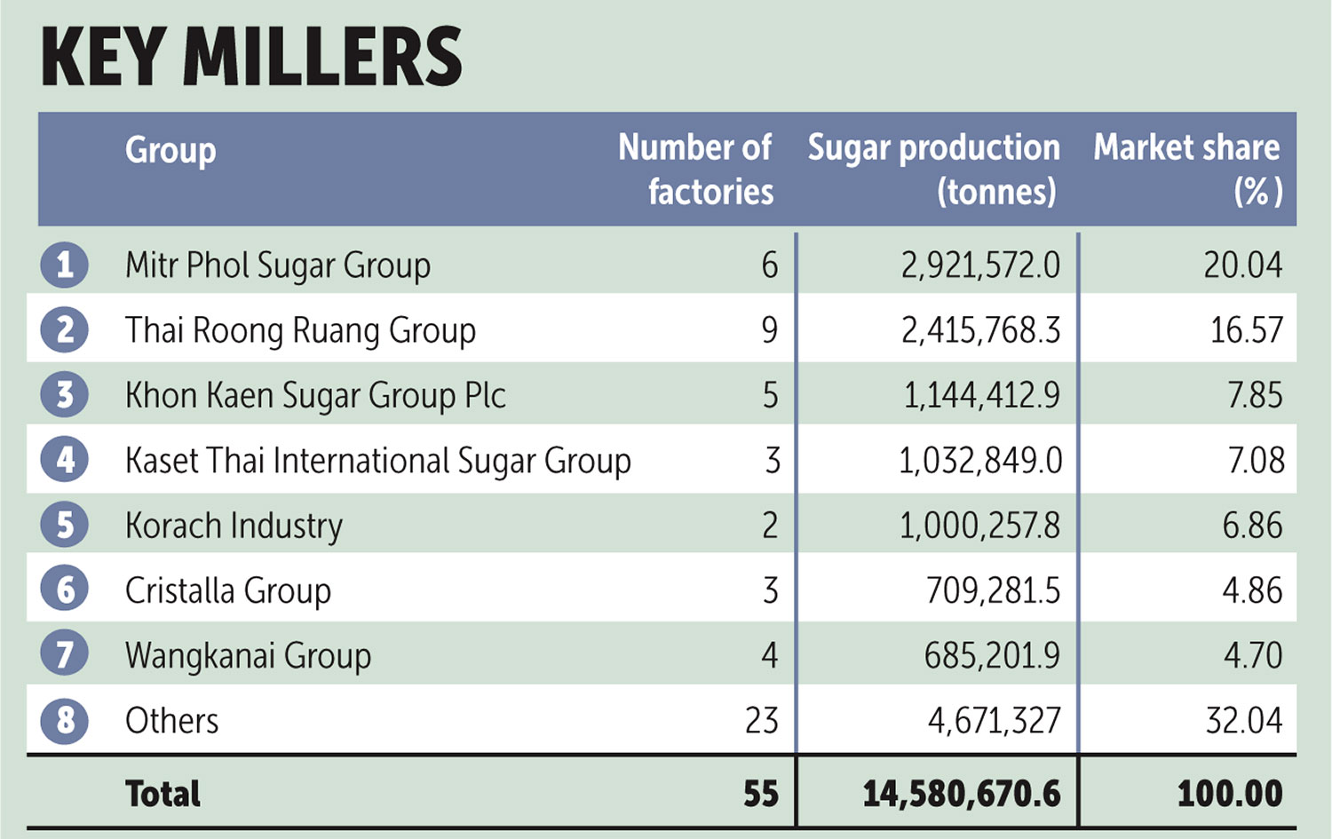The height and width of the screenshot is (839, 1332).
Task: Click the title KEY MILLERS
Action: click(251, 57)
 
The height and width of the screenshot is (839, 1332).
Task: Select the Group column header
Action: click(170, 150)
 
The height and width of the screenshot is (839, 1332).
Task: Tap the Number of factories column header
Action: click(696, 170)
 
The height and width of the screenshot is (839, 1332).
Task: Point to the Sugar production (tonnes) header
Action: click(934, 170)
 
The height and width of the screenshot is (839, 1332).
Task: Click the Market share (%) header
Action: click(1187, 170)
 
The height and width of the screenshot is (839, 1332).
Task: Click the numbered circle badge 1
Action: click(65, 265)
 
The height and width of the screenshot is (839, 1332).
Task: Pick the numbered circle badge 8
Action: click(65, 720)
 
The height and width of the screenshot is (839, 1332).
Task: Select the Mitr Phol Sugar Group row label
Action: click(278, 265)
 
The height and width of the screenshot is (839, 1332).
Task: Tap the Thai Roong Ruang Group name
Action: click(300, 330)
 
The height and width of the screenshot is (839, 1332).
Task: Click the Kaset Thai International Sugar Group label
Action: click(378, 461)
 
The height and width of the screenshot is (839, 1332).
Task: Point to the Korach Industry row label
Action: click(234, 526)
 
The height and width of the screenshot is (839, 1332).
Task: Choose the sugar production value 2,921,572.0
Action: click(980, 265)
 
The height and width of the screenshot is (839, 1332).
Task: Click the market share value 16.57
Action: click(1247, 330)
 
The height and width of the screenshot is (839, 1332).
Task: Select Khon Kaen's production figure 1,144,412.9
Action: click(981, 395)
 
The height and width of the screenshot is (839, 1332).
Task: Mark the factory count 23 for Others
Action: click(762, 720)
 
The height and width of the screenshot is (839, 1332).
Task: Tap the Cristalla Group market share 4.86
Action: click(1252, 590)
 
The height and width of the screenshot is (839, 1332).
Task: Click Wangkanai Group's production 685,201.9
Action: click(992, 655)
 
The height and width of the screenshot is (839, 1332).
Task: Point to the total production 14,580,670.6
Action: click(962, 794)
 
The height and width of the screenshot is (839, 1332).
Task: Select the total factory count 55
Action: click(761, 794)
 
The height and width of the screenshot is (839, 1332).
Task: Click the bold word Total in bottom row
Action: click(163, 794)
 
